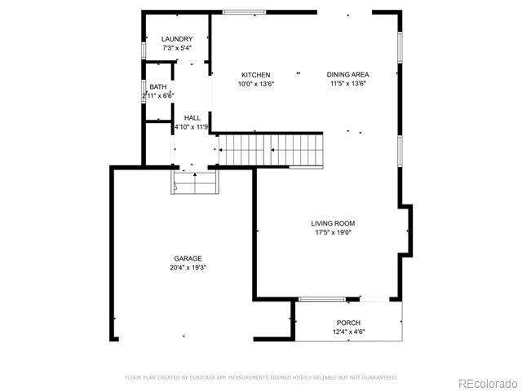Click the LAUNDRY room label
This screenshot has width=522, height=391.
coord(177,39)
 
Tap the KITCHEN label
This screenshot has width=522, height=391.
coord(255,75)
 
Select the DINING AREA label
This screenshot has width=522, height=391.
coord(348,74)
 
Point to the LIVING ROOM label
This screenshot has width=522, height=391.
coord(333,223)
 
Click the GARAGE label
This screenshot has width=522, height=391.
coord(188,258)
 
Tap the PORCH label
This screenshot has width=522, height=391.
coord(348,323)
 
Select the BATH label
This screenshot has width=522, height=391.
coord(157,87)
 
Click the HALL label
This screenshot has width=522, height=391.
coord(192,117)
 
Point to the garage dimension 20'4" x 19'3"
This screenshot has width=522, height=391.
coord(188,267)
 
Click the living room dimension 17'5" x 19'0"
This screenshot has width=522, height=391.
coord(334,232)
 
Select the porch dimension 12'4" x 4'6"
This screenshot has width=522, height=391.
coord(348,332)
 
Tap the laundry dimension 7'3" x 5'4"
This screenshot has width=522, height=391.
coord(177,48)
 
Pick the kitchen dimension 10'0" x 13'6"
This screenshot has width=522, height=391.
coord(255,84)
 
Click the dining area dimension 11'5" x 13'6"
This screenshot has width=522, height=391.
coord(348,83)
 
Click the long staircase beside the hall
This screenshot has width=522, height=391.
coord(271,150)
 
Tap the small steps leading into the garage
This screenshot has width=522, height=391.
coord(195,182)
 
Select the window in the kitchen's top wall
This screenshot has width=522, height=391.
coord(245,12)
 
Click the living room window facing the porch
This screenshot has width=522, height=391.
coord(322,299)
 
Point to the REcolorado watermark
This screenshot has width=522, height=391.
coord(488,384)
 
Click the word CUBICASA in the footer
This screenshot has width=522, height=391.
coord(202,377)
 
